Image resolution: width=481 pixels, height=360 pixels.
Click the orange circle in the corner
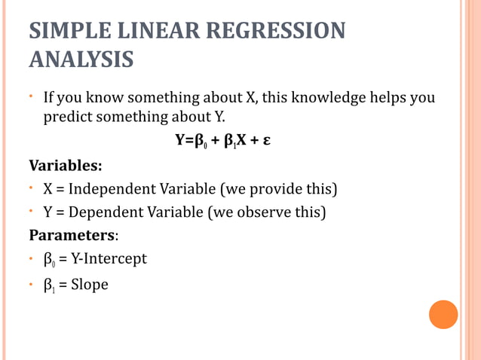(443, 314)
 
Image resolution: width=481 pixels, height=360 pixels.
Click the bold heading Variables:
(65, 164)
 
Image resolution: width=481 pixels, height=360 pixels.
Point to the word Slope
(89, 285)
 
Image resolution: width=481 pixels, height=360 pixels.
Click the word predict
(67, 117)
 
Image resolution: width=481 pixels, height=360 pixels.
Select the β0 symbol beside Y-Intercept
(49, 260)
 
